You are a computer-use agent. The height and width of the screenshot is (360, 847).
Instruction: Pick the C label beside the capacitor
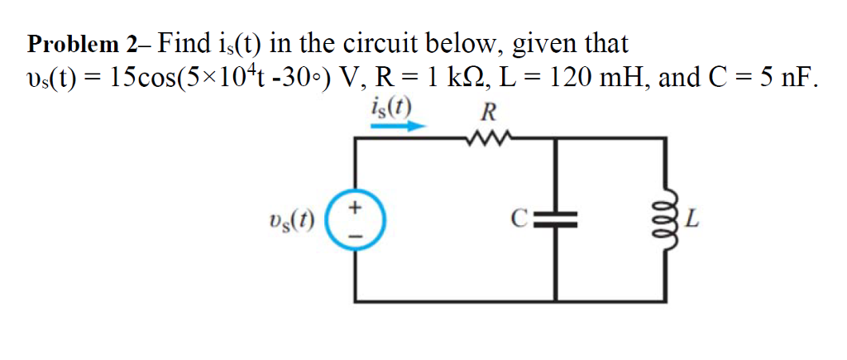coord(519,220)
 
